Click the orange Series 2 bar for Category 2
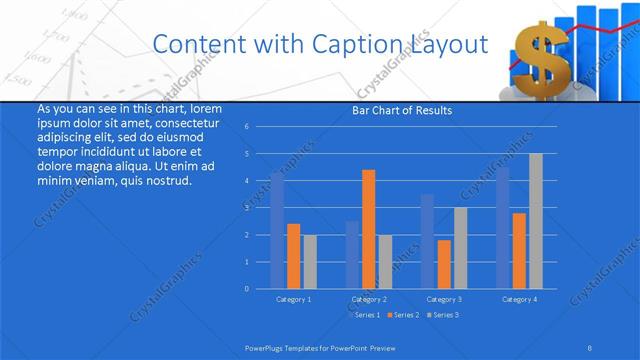point(368,229)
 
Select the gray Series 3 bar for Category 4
point(535,221)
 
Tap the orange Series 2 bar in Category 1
point(293,256)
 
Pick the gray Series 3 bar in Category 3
point(460,248)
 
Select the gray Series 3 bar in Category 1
point(309,261)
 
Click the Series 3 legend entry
point(443,315)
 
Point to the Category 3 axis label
point(444,299)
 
